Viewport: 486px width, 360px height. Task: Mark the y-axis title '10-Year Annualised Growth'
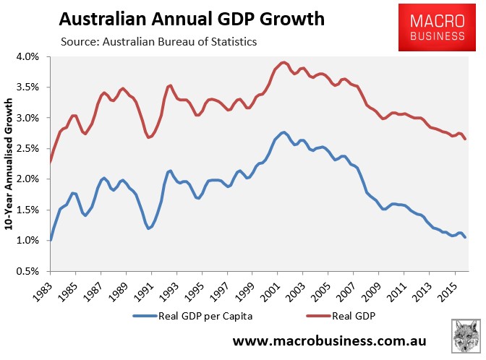10,163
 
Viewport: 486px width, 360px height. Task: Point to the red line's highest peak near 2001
283,62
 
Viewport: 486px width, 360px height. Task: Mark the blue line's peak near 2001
283,132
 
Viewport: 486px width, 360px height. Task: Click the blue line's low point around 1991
148,228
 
